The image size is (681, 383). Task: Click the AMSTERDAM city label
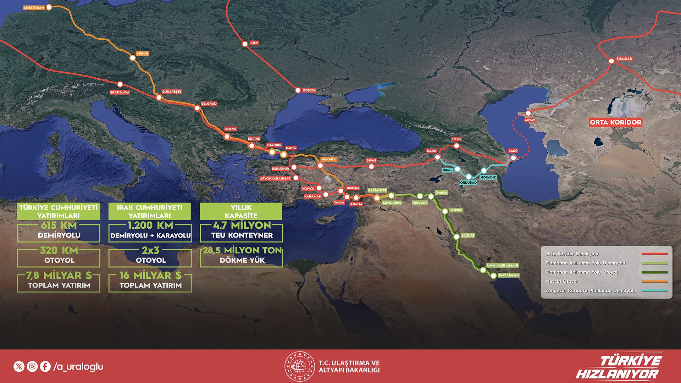point(34,7)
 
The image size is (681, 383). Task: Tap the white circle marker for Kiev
point(245,44)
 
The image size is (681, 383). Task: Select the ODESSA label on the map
point(309,90)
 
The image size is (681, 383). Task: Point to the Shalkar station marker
point(611,61)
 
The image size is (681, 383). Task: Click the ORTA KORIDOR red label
point(615,122)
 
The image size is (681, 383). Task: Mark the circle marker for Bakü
point(513,158)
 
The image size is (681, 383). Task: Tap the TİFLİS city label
point(456,139)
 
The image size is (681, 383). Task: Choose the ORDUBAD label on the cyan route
point(468,183)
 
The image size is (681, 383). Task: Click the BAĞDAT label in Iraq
point(468,235)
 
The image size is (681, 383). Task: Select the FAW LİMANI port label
point(509,275)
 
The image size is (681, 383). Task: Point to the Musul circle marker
point(445,211)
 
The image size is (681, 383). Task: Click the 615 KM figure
point(59,225)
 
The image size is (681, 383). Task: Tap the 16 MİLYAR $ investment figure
point(150,275)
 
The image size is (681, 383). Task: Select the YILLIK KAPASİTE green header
point(241,211)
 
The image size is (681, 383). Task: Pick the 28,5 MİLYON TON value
point(242,250)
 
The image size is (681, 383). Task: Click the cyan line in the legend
point(655,290)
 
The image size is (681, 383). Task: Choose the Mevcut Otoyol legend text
point(561,281)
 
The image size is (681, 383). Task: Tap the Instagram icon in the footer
point(32,366)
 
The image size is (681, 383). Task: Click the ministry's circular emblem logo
point(299,366)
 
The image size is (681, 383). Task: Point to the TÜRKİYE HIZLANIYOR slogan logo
point(619,367)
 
